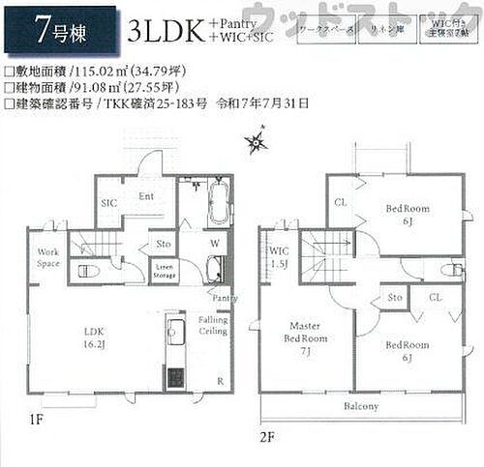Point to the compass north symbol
pyautogui.click(x=256, y=145)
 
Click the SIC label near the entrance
pyautogui.click(x=109, y=204)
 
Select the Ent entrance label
pyautogui.click(x=148, y=196)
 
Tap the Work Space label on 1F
pyautogui.click(x=48, y=257)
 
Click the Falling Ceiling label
pyautogui.click(x=213, y=325)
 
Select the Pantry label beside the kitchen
pyautogui.click(x=225, y=299)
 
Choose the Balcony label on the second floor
pyautogui.click(x=360, y=406)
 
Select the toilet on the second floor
pyautogui.click(x=451, y=270)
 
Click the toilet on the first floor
pyautogui.click(x=83, y=271)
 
